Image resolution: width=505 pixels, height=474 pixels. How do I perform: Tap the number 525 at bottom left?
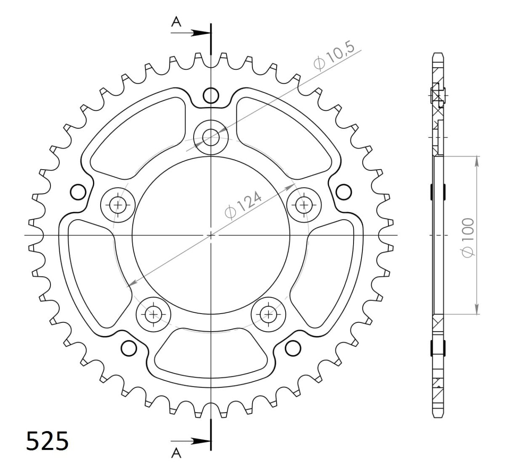pyautogui.click(x=47, y=442)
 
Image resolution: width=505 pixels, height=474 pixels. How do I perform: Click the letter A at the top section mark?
pyautogui.click(x=176, y=22)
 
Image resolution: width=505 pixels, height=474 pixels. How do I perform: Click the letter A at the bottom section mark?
pyautogui.click(x=176, y=453)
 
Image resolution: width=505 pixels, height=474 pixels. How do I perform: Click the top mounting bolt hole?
pyautogui.click(x=211, y=136)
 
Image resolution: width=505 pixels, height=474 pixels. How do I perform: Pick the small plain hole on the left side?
pyautogui.click(x=77, y=192)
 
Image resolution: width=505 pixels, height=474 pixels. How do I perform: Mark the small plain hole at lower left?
pyautogui.click(x=129, y=348)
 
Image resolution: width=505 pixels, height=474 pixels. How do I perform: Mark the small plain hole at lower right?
pyautogui.click(x=292, y=348)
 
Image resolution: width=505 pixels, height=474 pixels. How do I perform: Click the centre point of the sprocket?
pyautogui.click(x=211, y=235)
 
